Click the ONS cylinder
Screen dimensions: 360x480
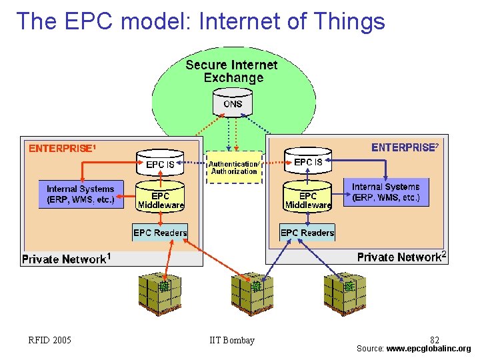[233, 103]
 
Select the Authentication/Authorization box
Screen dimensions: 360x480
[233, 167]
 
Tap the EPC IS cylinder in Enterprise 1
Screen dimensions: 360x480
[160, 162]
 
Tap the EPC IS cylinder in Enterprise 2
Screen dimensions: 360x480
[308, 161]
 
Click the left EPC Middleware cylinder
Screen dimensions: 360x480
[160, 198]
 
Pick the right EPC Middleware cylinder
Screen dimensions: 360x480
[308, 198]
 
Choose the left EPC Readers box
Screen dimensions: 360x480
[160, 233]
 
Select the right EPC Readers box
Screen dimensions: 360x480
[307, 233]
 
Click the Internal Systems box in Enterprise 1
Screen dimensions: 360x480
[81, 194]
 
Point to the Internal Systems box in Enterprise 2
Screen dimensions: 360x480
[386, 193]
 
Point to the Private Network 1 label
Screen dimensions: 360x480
[66, 259]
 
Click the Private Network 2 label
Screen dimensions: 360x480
[401, 257]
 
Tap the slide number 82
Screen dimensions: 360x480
[435, 340]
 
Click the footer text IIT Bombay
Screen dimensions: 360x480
[232, 341]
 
